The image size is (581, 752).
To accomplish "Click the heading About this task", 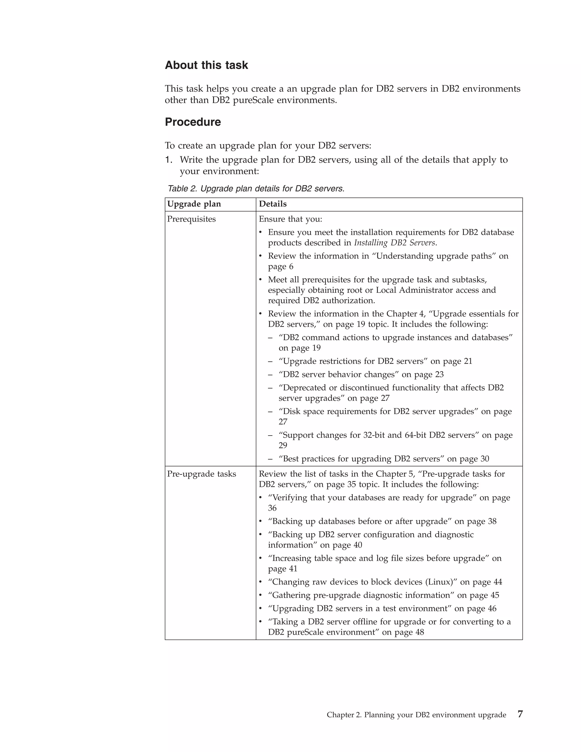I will (x=206, y=65).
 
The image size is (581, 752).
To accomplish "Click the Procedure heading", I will (x=193, y=122).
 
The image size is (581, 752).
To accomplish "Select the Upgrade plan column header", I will (x=194, y=204).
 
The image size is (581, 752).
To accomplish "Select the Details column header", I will (x=273, y=204).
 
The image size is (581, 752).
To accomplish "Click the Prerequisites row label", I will (x=191, y=219).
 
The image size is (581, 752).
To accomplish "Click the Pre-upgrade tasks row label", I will (x=201, y=474).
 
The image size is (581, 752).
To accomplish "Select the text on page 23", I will (x=423, y=374).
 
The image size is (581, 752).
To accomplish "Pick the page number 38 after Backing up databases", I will (x=492, y=521).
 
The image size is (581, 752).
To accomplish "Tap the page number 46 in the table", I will (x=492, y=608).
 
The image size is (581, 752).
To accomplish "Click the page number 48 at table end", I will (x=419, y=632).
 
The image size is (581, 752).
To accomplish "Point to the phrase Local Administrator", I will (x=414, y=290).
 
